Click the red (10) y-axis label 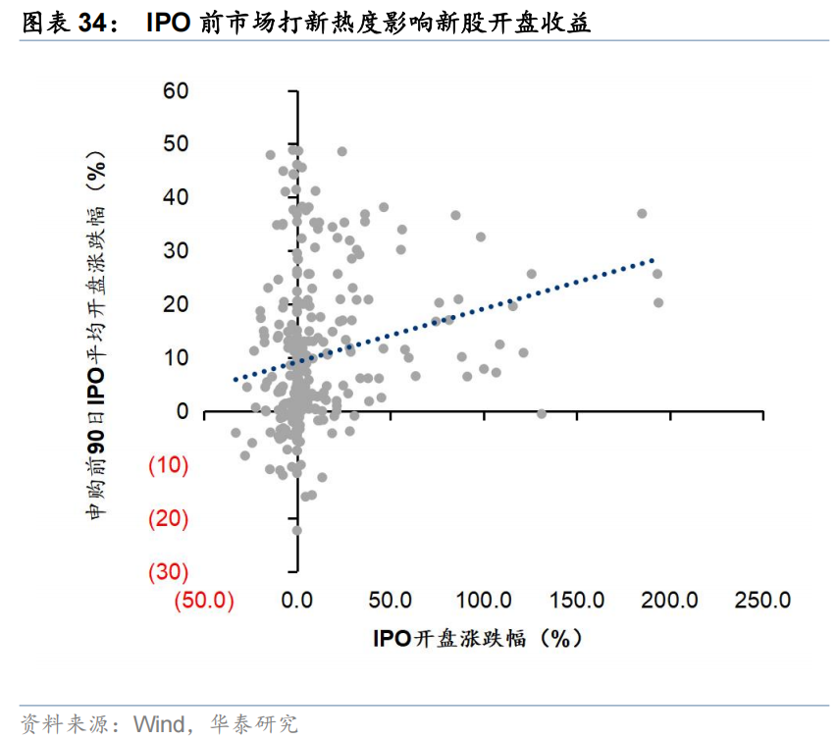(x=168, y=465)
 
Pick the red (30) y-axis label (x=168, y=571)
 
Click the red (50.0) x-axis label (x=204, y=601)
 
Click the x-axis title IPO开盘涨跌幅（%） (x=477, y=639)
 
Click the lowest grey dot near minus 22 (x=296, y=530)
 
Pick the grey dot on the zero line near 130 (x=542, y=413)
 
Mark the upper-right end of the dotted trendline (x=653, y=260)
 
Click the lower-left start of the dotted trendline (x=235, y=379)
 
